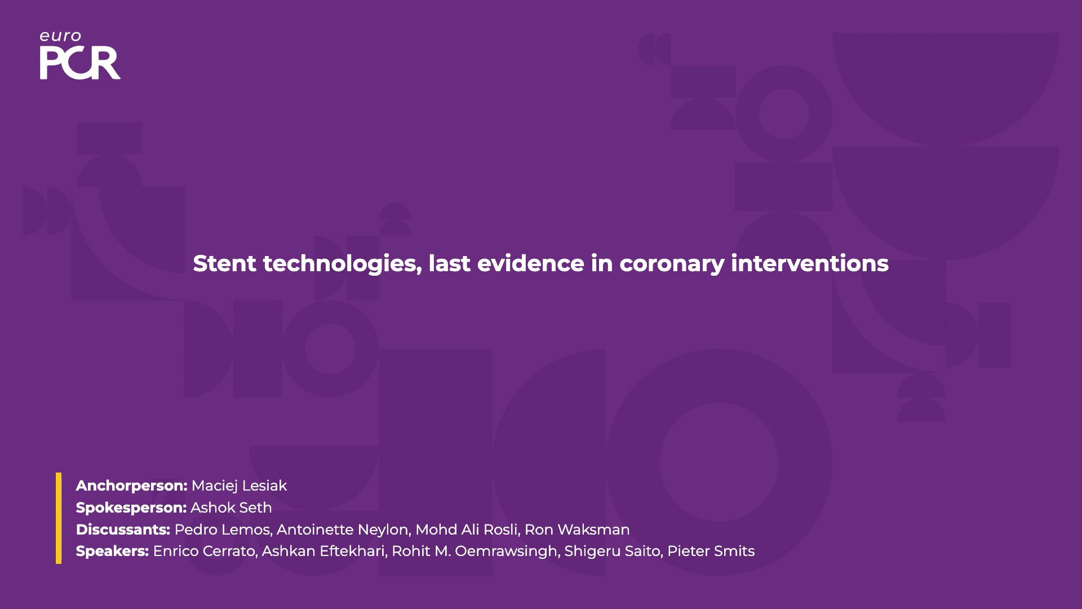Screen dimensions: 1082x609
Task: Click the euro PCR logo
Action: point(80,55)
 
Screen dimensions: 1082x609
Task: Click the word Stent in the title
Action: point(225,263)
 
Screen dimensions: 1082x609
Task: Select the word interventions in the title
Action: point(810,263)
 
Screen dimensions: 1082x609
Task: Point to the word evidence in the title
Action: point(531,263)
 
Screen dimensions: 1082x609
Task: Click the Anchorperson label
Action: point(132,486)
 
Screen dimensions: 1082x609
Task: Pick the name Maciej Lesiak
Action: point(239,486)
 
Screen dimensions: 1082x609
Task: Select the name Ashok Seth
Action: point(231,507)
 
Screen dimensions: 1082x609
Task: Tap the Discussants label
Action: point(123,529)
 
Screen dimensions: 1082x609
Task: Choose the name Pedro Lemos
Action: point(222,529)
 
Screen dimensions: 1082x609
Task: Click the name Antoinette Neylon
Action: point(343,529)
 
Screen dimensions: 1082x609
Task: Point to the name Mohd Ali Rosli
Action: point(467,529)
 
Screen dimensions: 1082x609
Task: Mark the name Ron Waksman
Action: point(577,529)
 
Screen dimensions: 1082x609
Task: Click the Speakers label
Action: point(112,551)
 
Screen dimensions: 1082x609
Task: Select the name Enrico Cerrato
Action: point(204,551)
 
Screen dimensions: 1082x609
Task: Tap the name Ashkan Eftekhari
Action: point(324,551)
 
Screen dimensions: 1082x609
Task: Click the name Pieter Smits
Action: point(711,551)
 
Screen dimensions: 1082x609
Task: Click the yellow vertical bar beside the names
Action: point(59,518)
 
